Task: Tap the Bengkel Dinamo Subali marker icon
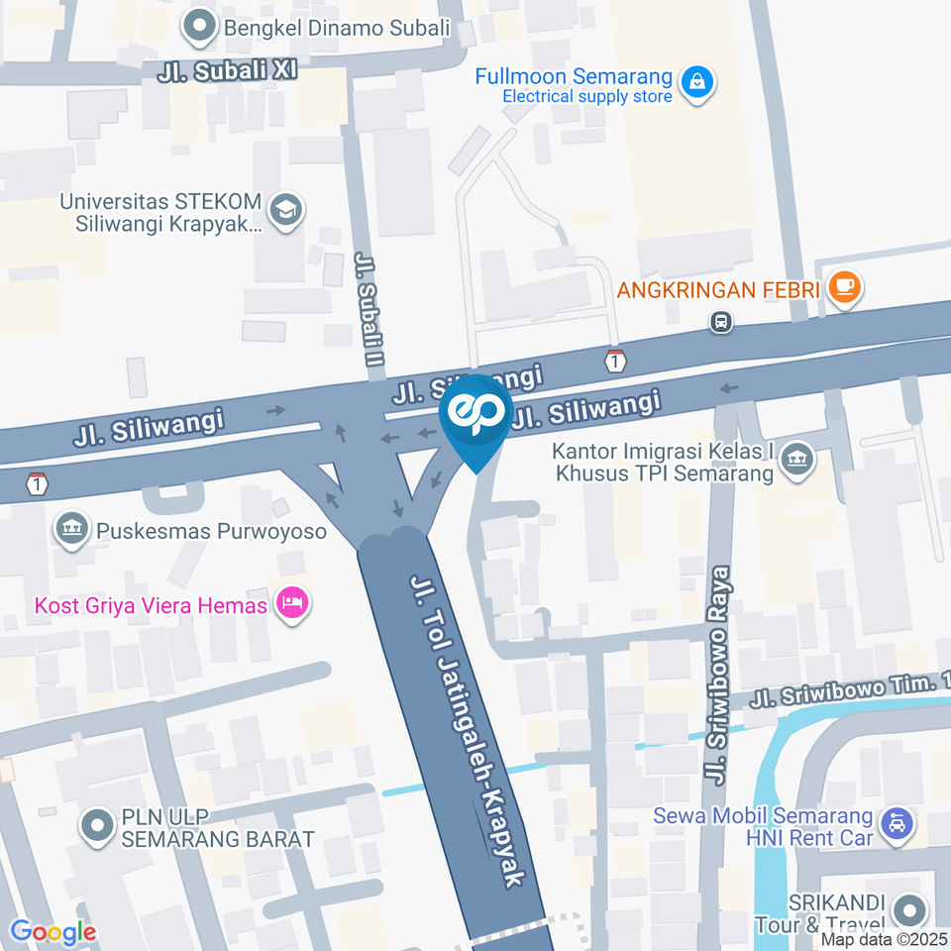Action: (x=202, y=27)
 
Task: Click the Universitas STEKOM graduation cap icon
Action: (x=286, y=210)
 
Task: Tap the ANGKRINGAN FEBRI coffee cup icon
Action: (x=844, y=288)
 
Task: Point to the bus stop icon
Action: (x=721, y=321)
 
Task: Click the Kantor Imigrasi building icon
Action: (x=796, y=460)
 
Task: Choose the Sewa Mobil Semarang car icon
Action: (x=897, y=824)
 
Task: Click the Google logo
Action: (x=53, y=931)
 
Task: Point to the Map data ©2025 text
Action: (x=885, y=940)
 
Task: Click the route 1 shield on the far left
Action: (x=37, y=484)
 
